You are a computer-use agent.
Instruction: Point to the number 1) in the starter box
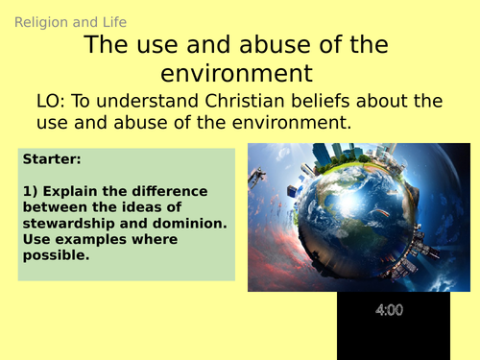28,191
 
